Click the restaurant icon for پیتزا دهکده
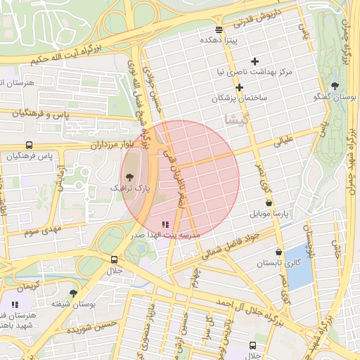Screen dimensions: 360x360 [219, 30]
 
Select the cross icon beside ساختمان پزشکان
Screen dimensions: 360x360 [240, 88]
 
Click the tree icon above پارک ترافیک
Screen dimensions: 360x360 [129, 177]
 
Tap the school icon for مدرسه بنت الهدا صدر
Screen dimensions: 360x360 [165, 224]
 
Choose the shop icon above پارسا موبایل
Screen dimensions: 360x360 [269, 202]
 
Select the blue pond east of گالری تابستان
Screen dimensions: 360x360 [300, 266]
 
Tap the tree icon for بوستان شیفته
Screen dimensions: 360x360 [73, 293]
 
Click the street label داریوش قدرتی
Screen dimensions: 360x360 [252, 22]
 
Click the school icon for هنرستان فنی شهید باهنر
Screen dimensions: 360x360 [15, 305]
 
